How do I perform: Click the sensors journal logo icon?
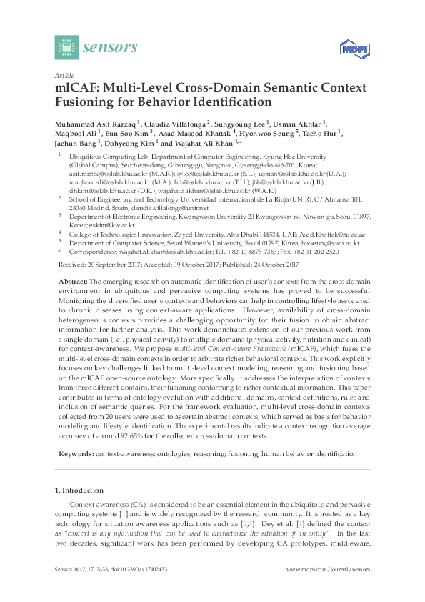(x=66, y=48)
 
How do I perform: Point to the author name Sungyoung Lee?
(x=241, y=123)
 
